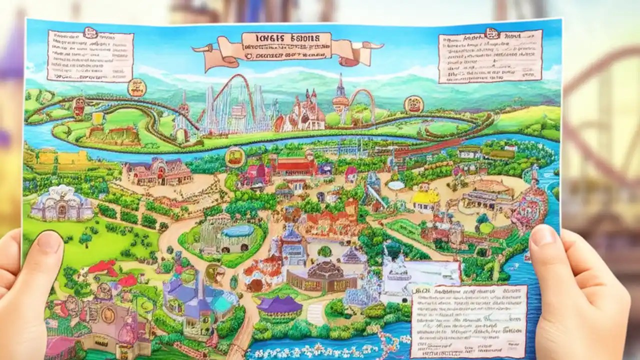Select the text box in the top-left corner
pos(90,55)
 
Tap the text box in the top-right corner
pos(490,56)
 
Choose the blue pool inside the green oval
pos(238,231)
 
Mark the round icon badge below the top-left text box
pos(136,87)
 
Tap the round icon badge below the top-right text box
pos(413,104)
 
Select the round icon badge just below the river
pos(234,156)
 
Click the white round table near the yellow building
pos(396,185)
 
